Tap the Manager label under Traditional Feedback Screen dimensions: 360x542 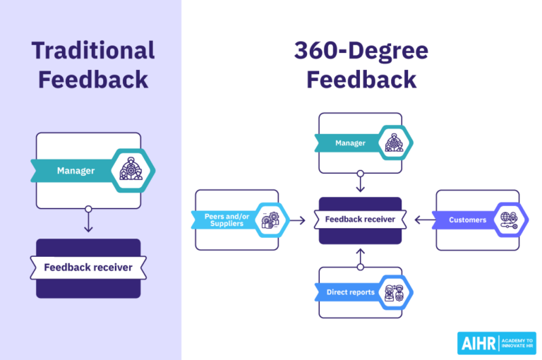pos(76,171)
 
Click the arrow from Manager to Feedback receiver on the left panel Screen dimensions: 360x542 pos(88,222)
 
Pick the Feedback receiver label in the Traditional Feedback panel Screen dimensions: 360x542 pos(88,268)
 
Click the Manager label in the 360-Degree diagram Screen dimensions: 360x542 pos(350,143)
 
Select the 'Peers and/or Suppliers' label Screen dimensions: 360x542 pos(224,220)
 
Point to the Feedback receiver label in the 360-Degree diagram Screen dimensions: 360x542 pos(360,220)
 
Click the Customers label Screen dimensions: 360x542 pos(467,220)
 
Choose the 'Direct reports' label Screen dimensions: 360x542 pos(350,292)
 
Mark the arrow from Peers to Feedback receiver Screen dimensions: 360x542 pos(298,220)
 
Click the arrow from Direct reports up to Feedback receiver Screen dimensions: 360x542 pos(360,258)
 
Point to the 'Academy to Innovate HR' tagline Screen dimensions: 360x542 pos(517,343)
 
